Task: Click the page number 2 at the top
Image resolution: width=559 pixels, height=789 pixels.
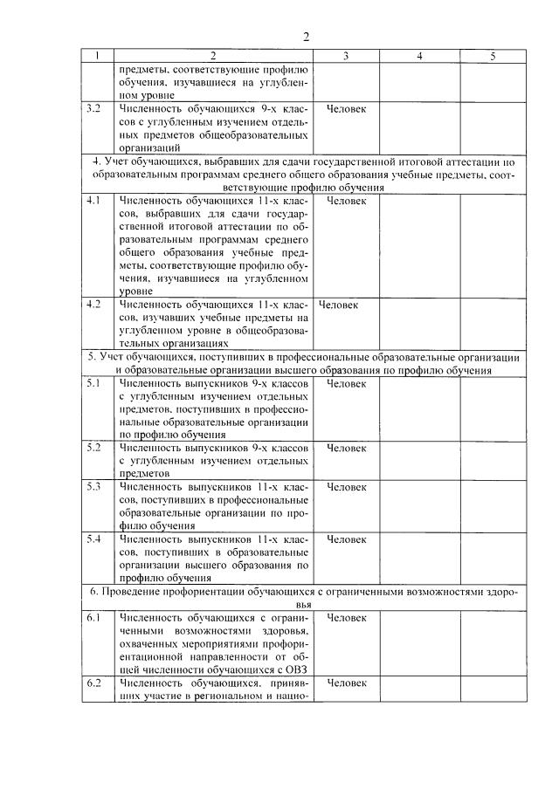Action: coord(306,37)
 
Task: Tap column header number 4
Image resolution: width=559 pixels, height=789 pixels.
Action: coord(420,56)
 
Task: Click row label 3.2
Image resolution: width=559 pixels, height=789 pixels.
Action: coord(94,110)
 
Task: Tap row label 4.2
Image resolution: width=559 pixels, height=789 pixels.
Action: coord(94,305)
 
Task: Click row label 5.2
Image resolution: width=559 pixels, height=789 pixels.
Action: coord(94,447)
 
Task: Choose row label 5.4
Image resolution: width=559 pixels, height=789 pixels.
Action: coord(94,539)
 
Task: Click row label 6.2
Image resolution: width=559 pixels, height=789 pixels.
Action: coord(94,683)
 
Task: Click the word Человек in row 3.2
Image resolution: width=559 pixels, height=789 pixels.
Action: coord(346,110)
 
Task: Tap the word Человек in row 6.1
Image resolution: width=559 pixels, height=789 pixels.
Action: coord(346,618)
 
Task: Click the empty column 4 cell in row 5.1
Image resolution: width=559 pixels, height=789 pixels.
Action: coord(420,408)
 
